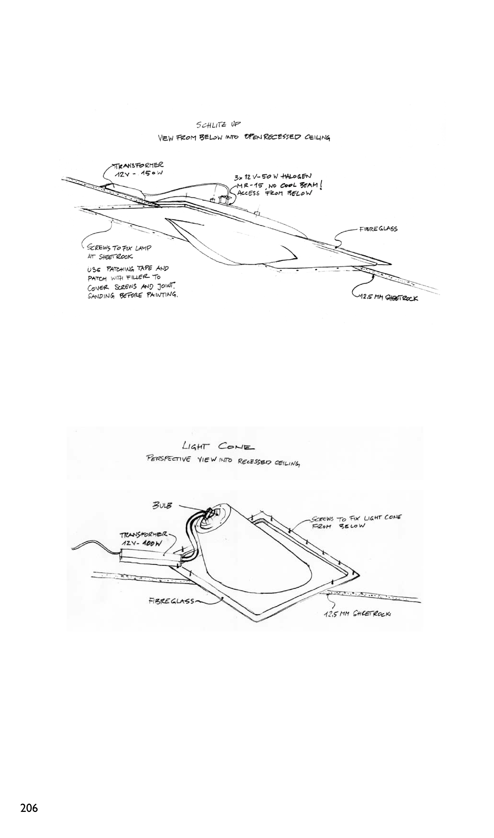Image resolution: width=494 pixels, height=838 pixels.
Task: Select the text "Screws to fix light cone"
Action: coord(356,518)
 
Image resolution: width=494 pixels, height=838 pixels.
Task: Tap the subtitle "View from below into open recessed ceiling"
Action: coord(244,138)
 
